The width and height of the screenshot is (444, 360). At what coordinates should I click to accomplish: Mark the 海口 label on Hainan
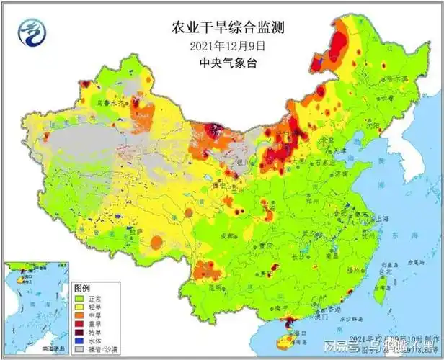point(298,333)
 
